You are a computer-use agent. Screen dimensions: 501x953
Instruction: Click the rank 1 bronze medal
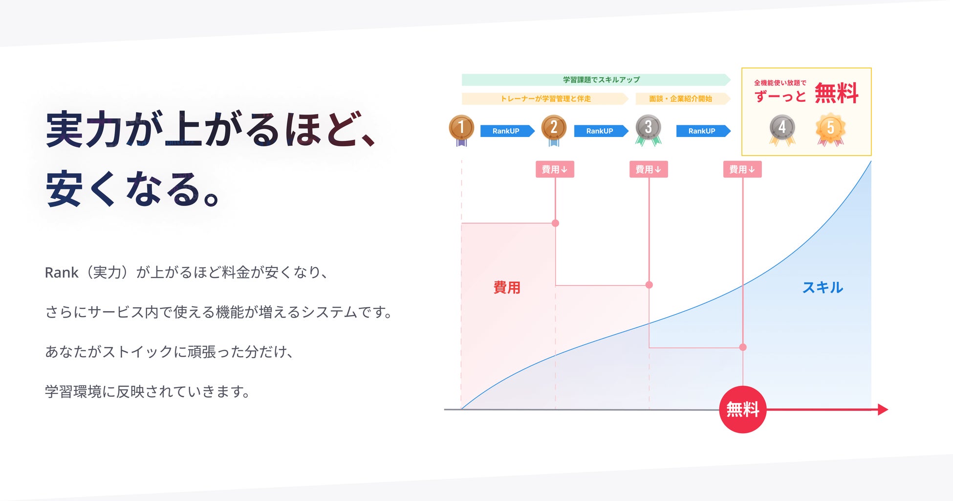coord(461,128)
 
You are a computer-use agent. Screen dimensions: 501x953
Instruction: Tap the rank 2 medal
coord(554,128)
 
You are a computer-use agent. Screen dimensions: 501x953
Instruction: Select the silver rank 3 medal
coord(648,128)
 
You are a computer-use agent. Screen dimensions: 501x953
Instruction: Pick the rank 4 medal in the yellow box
coord(782,128)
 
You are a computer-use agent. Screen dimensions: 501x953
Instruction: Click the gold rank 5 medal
coord(830,128)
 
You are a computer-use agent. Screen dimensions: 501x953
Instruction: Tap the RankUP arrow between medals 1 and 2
coord(507,131)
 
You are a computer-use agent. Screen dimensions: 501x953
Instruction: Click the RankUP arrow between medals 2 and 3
coord(601,131)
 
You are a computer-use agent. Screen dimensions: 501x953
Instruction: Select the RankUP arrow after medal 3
coord(703,131)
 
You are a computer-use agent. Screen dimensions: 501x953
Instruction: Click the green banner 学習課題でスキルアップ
coord(596,80)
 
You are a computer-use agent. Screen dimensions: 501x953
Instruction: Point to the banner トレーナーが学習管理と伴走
coord(545,99)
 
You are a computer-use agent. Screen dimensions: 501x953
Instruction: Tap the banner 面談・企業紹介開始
coord(682,99)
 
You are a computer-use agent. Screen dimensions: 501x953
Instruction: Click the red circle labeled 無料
coord(742,410)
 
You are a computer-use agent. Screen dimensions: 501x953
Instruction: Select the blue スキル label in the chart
coord(823,287)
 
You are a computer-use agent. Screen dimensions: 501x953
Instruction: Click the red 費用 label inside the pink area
coord(507,287)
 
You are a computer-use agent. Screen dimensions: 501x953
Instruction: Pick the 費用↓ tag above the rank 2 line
coord(555,169)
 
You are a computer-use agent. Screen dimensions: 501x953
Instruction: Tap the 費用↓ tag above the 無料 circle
coord(742,169)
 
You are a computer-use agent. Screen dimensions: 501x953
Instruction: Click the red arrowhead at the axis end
coord(883,410)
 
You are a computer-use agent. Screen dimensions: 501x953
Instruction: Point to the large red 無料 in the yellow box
coord(836,93)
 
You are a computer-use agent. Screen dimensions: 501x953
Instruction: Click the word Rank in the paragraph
coord(61,273)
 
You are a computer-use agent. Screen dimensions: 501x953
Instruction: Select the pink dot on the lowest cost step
coord(743,347)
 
